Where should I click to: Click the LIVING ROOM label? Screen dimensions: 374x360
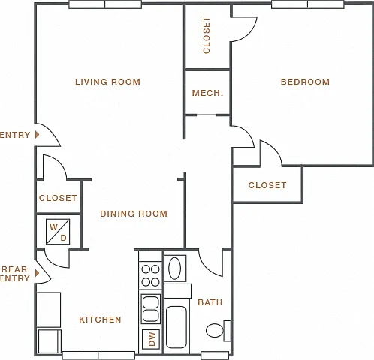click(107, 82)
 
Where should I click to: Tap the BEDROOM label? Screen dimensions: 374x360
click(305, 82)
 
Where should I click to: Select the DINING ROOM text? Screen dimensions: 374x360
click(134, 214)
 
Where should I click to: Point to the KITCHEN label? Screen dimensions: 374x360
click(100, 319)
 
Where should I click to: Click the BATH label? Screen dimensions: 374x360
click(210, 302)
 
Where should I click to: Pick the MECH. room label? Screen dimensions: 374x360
click(207, 93)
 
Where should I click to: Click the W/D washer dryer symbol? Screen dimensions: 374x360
click(58, 232)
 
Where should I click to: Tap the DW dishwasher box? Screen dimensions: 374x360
click(151, 339)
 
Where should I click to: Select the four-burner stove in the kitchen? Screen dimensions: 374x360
click(150, 276)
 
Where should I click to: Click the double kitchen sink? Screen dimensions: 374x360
click(150, 309)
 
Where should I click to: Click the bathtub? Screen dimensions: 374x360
click(176, 327)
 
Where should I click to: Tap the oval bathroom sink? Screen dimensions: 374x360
click(175, 268)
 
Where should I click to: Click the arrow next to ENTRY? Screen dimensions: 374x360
click(38, 135)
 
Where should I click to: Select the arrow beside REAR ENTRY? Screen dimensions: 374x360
click(38, 273)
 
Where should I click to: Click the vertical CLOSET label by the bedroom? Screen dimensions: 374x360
click(207, 35)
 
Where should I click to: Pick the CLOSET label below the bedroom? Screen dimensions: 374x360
click(267, 185)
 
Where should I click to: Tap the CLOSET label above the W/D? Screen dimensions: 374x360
click(58, 198)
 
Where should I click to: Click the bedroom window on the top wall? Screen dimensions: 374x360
click(308, 4)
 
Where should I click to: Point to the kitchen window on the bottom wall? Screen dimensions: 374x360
click(98, 355)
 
